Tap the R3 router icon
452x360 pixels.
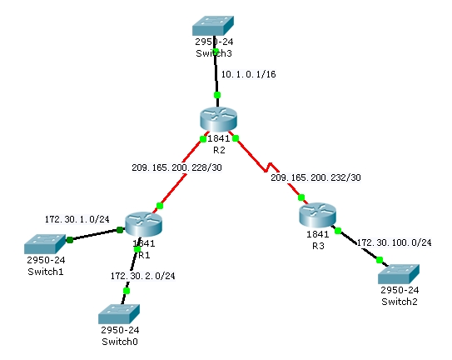coord(318,217)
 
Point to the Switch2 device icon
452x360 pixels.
coord(396,272)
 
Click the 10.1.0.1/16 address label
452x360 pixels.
coord(248,74)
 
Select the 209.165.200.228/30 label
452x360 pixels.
coord(176,167)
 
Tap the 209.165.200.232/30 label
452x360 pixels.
coord(315,177)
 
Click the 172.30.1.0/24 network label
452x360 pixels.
coord(77,219)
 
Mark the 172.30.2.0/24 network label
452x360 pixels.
coord(142,275)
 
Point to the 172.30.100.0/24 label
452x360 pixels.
coord(394,242)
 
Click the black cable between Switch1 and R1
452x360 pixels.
coord(94,234)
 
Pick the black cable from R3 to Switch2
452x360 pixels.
coord(358,245)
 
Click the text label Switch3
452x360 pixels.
coord(214,53)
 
